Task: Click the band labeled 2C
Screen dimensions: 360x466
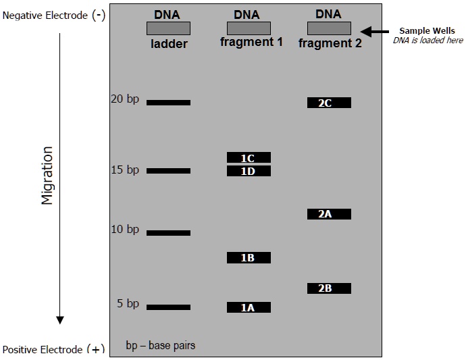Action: point(329,103)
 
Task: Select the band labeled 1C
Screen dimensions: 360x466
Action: point(249,157)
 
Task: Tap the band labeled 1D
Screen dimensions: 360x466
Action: point(249,171)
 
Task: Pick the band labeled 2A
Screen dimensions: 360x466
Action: point(329,214)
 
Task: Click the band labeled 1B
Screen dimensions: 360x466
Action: point(249,257)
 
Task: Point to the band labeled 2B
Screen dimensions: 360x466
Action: point(329,288)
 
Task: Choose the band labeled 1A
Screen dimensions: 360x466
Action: point(249,307)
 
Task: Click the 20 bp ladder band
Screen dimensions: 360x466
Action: point(168,103)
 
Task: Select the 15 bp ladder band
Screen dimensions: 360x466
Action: point(168,171)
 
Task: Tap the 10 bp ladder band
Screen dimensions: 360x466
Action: point(168,233)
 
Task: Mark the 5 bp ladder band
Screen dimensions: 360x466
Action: point(168,307)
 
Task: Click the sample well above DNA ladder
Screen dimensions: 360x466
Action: point(168,28)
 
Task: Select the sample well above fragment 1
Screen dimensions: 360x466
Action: point(249,28)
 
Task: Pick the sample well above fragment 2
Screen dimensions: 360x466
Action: point(329,28)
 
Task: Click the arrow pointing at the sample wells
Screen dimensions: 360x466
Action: point(375,31)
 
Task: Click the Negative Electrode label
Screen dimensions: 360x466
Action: point(53,15)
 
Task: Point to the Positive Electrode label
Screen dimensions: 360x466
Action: point(53,350)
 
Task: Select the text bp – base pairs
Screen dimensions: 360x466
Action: point(160,345)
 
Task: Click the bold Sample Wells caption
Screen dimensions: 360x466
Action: point(427,31)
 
